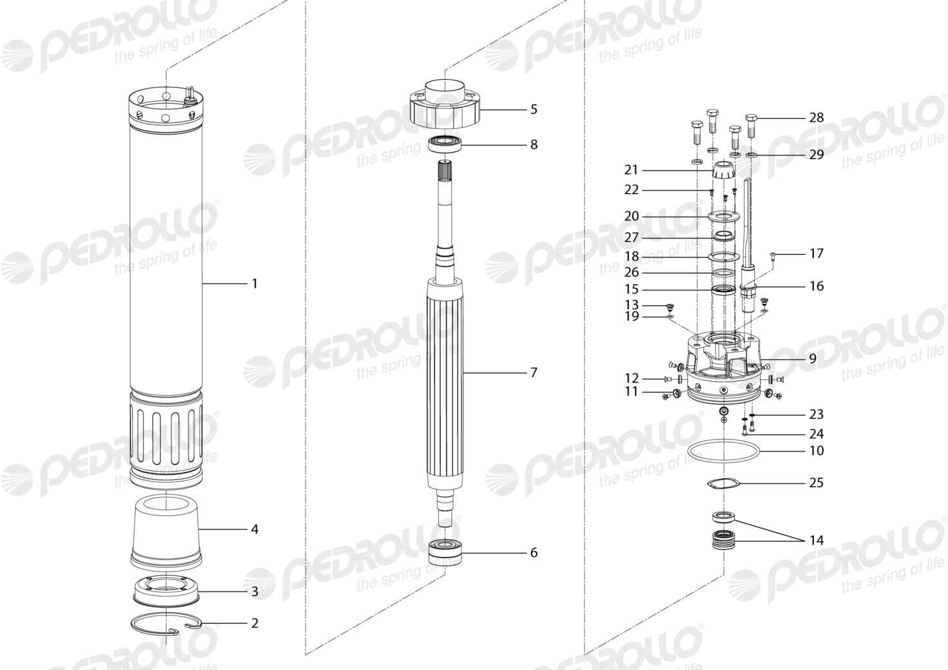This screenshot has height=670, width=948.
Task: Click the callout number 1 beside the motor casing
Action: pos(254,284)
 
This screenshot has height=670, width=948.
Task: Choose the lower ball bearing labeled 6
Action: pos(445,552)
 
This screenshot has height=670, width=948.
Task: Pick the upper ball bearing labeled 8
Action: pos(445,144)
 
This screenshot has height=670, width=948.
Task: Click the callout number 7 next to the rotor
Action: pos(534,373)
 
